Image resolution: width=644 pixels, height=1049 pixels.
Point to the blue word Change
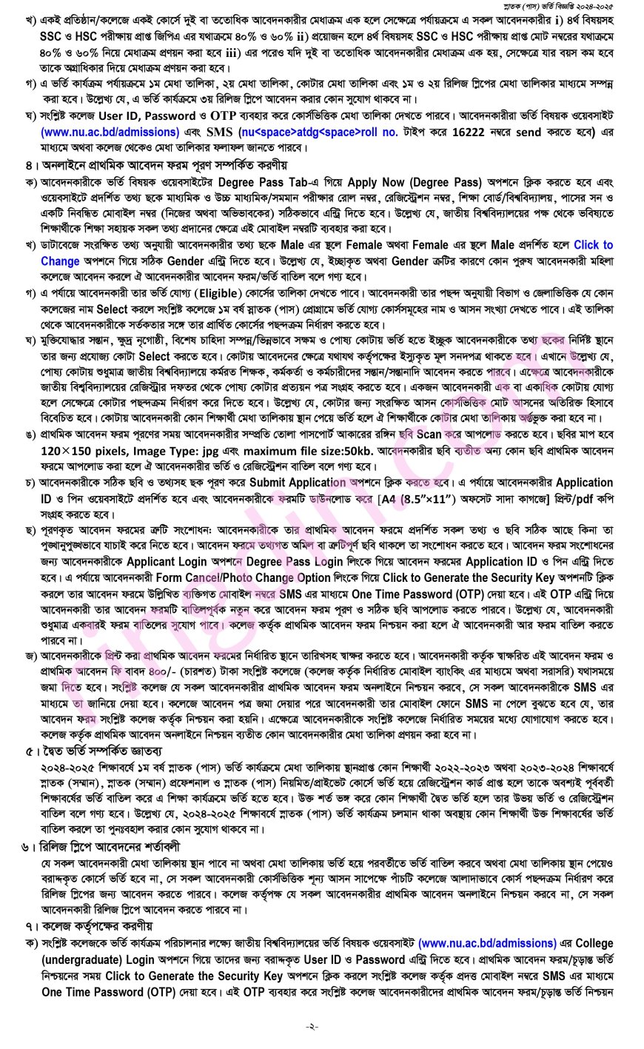point(60,261)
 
